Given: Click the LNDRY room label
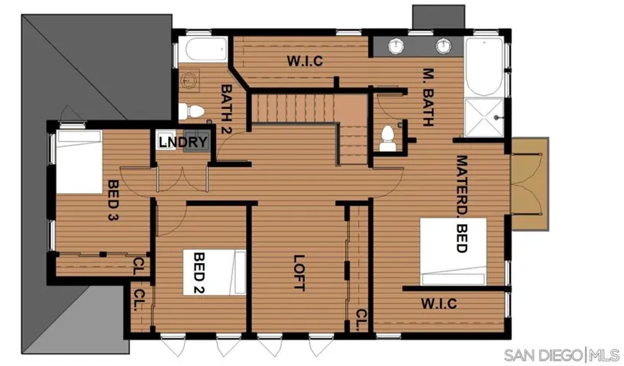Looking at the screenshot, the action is [x=183, y=142].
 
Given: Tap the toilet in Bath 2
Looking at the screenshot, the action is [x=191, y=111].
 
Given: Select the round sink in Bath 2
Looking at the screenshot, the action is [x=190, y=80].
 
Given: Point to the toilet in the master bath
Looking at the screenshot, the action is [x=387, y=139].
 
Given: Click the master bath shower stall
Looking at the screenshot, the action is [x=484, y=117].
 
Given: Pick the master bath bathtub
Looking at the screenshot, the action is [x=484, y=66].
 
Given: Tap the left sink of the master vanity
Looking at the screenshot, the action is [x=396, y=45].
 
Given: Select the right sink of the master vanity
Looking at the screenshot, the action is [x=443, y=45].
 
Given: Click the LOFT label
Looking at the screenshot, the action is [x=299, y=273].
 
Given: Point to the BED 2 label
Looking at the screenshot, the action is [x=199, y=273].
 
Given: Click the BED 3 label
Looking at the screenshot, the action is [x=113, y=200].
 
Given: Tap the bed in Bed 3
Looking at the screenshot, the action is [x=79, y=162].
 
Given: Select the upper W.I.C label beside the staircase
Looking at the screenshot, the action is [x=305, y=61].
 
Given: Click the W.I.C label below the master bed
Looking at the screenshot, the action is [x=439, y=304].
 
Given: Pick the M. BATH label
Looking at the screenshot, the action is [x=428, y=98].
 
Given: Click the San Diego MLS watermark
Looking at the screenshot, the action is [x=561, y=355].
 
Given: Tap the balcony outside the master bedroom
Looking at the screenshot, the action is [x=530, y=184].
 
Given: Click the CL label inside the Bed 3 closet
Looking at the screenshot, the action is [x=137, y=266].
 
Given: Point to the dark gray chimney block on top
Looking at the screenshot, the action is [x=438, y=17].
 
